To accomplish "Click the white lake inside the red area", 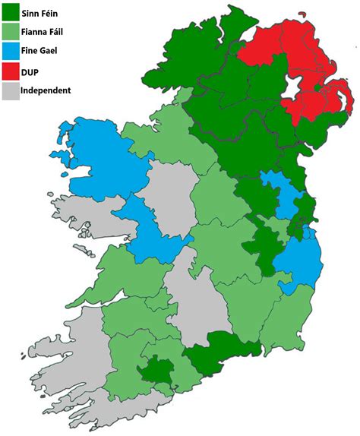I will [x=291, y=88].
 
